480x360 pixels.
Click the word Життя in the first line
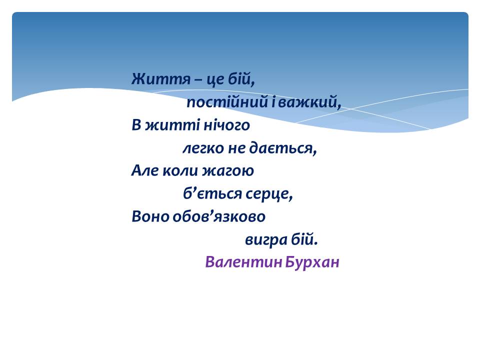[x=161, y=79]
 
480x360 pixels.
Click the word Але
[x=145, y=170]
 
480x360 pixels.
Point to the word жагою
[x=228, y=171]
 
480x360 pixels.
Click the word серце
[x=267, y=194]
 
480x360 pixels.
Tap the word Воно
[x=150, y=216]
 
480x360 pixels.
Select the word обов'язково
[x=219, y=216]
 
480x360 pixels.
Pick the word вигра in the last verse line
[x=266, y=240]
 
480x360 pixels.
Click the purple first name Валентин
[x=243, y=261]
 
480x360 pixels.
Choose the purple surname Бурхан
[x=312, y=262]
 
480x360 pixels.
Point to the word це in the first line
[x=215, y=80]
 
